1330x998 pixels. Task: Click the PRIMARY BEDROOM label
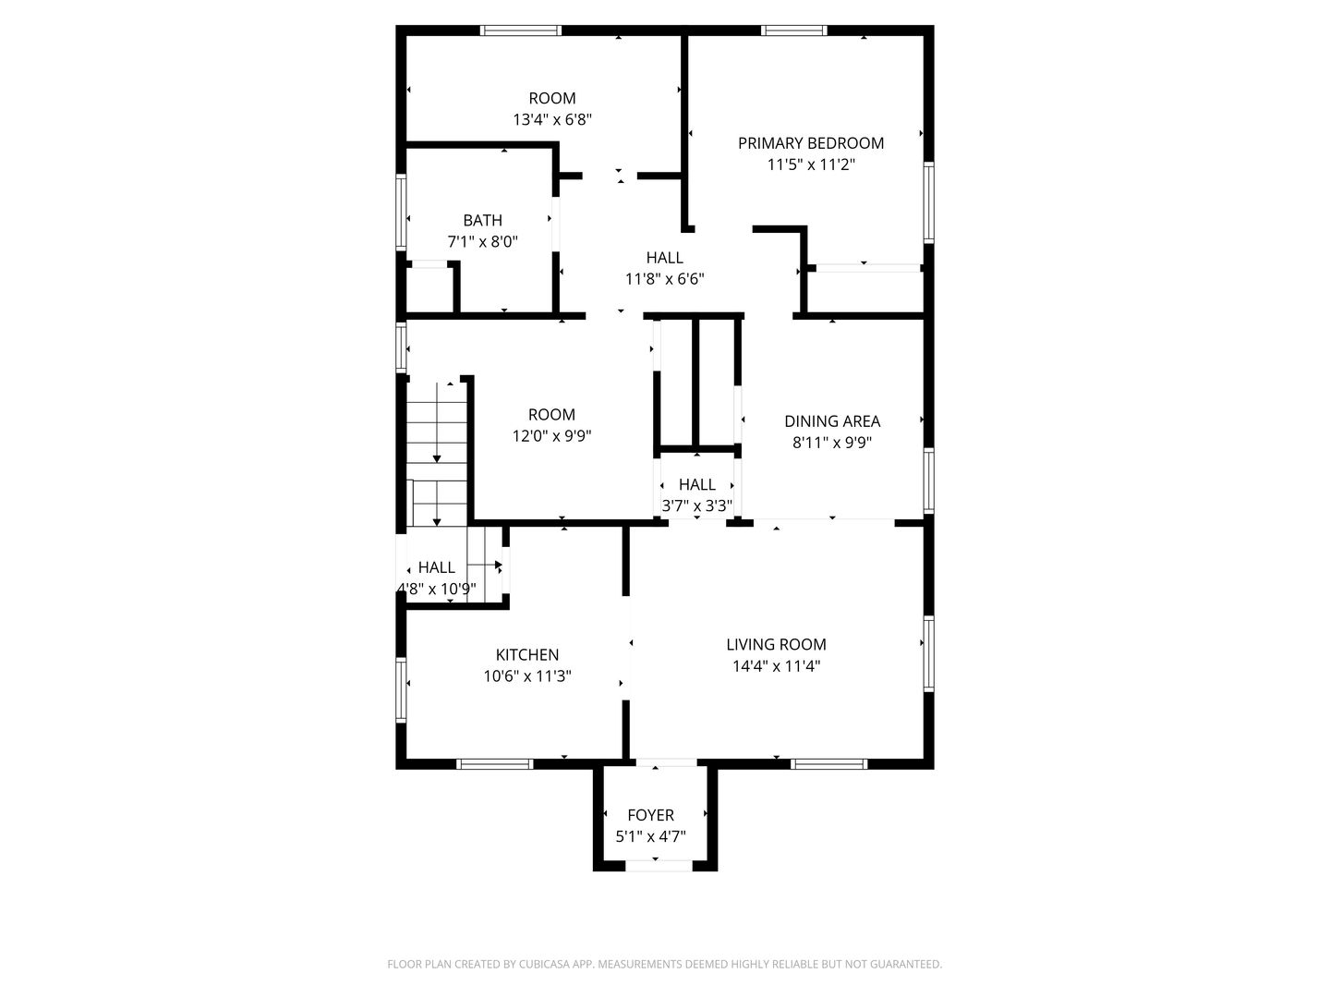point(810,143)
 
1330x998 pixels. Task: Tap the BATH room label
point(482,220)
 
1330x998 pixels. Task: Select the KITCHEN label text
point(527,654)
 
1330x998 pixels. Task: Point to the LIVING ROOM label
point(776,644)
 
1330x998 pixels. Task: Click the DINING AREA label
point(832,421)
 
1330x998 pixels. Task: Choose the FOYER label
point(651,815)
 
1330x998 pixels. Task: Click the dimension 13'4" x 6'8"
point(552,119)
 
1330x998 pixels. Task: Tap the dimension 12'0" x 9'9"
point(551,435)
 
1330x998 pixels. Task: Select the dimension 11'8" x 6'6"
point(665,279)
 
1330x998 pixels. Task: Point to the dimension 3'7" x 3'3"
point(696,505)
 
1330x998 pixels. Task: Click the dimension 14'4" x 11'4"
point(776,666)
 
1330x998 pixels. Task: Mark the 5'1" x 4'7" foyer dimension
point(651,836)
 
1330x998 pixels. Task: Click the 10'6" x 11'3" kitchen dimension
point(527,675)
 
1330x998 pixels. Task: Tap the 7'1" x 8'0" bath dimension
point(482,242)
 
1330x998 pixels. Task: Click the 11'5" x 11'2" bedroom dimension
point(811,164)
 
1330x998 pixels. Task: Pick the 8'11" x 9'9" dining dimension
point(832,443)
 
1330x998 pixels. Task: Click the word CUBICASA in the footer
point(544,964)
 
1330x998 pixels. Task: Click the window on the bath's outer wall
point(401,212)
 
